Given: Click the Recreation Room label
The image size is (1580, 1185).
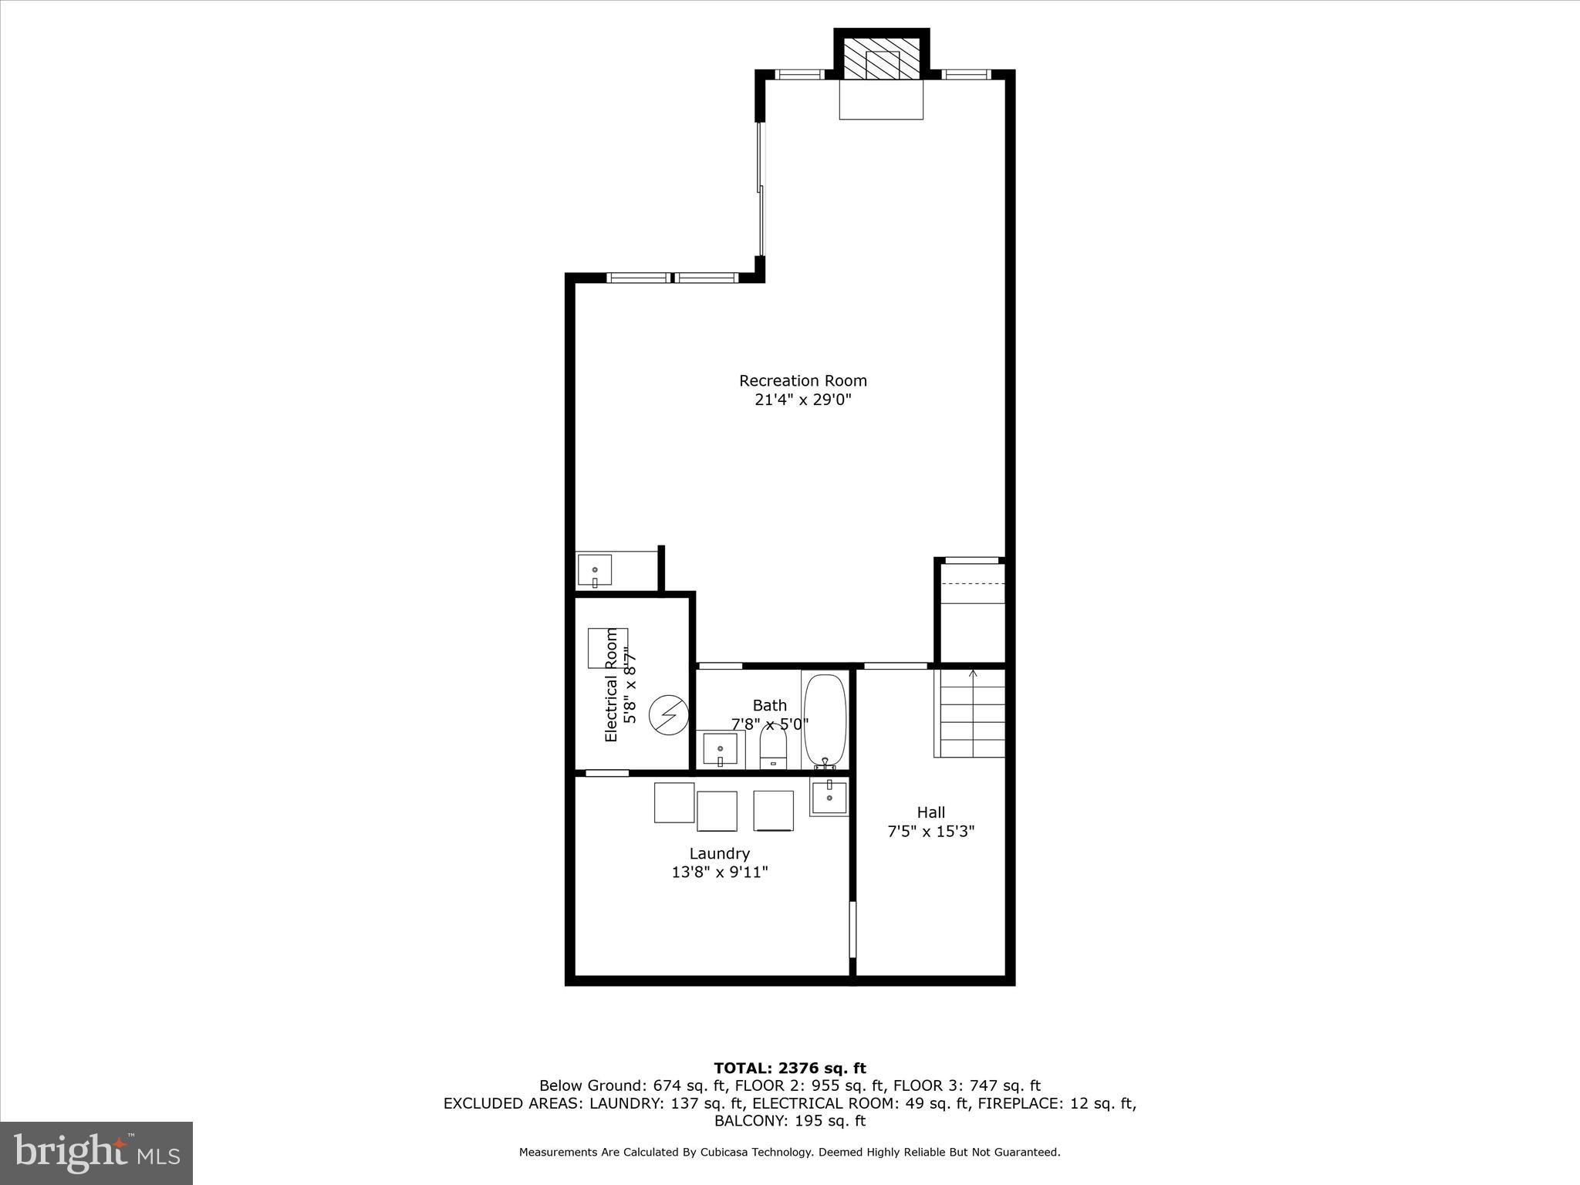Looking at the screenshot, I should pyautogui.click(x=802, y=380).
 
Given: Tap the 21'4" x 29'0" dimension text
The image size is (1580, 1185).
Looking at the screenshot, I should pyautogui.click(x=802, y=400).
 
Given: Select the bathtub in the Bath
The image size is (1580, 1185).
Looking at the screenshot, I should pyautogui.click(x=825, y=721).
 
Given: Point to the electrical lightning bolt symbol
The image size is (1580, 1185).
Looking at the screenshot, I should pyautogui.click(x=667, y=715).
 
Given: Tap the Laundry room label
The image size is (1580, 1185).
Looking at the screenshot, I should pyautogui.click(x=719, y=853).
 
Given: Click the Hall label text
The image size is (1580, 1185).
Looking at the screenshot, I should pyautogui.click(x=930, y=812).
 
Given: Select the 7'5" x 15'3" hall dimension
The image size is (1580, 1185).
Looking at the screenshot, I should pyautogui.click(x=930, y=831).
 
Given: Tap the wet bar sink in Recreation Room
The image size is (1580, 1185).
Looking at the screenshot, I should pyautogui.click(x=595, y=571).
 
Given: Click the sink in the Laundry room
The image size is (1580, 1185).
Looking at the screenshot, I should pyautogui.click(x=829, y=796).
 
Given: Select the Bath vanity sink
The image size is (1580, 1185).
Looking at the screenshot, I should pyautogui.click(x=720, y=750).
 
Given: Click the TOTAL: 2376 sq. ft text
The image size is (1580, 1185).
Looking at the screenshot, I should pyautogui.click(x=789, y=1068).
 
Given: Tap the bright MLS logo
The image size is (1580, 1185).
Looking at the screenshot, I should pyautogui.click(x=96, y=1153).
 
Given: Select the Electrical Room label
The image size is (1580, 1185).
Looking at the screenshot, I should pyautogui.click(x=611, y=684).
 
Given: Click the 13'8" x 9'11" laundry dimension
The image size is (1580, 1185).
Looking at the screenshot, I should pyautogui.click(x=719, y=873).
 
